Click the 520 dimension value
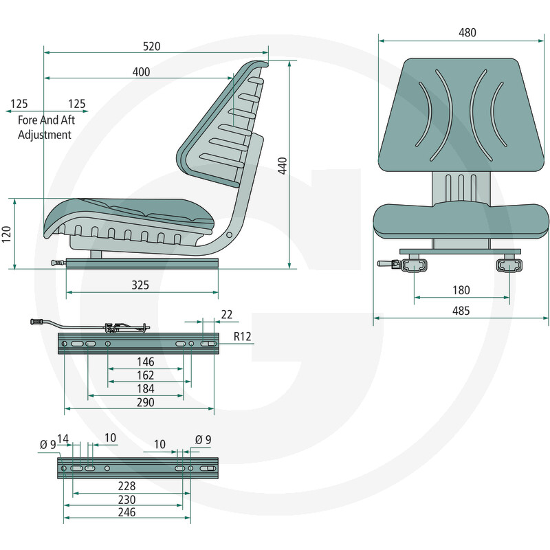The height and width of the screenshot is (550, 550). [x=151, y=46]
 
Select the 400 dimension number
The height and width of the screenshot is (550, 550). [x=141, y=72]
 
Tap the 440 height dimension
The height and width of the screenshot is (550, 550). [x=283, y=166]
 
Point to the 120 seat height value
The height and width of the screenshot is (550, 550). [x=7, y=234]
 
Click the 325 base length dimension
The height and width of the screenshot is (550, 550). [x=140, y=285]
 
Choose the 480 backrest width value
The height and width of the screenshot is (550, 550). [x=467, y=32]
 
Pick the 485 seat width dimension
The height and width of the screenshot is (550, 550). [x=461, y=311]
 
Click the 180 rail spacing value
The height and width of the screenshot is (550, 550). [x=461, y=290]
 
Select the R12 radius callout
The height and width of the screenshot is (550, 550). [x=243, y=337]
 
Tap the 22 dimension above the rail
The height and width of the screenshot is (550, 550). [x=227, y=314]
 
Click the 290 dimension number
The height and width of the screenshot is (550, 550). [x=145, y=402]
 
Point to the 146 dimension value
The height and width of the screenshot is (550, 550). [x=145, y=362]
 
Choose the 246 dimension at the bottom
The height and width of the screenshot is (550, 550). [x=126, y=512]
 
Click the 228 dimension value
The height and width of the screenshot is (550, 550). [x=126, y=486]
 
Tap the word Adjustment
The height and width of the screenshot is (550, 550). [x=45, y=135]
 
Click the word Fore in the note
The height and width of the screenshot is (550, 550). [x=27, y=120]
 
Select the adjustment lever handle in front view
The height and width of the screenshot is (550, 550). [x=386, y=264]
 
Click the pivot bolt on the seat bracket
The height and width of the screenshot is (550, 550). [x=230, y=234]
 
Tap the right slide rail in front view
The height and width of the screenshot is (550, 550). [x=509, y=265]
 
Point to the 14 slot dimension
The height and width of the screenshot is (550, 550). [x=63, y=439]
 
